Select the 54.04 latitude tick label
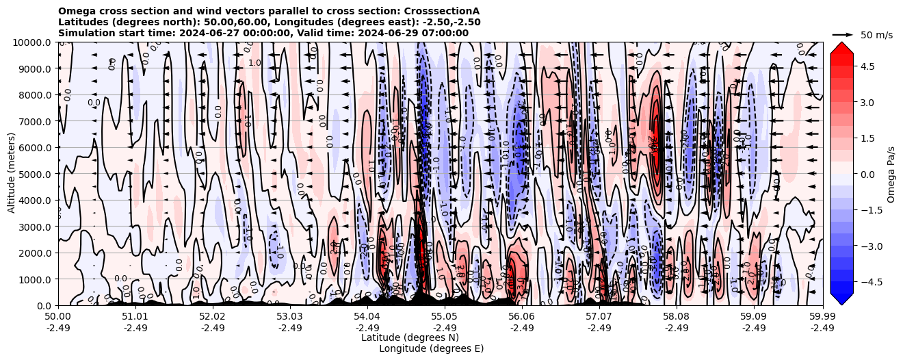367,317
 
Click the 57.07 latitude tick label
599,317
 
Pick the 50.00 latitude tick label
58,317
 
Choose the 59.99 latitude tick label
822,317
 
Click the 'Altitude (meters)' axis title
12,174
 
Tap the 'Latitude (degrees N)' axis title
410,337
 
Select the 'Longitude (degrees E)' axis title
431,348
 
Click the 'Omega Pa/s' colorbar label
891,174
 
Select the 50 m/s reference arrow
843,34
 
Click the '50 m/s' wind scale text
876,34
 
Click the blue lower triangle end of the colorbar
841,298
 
